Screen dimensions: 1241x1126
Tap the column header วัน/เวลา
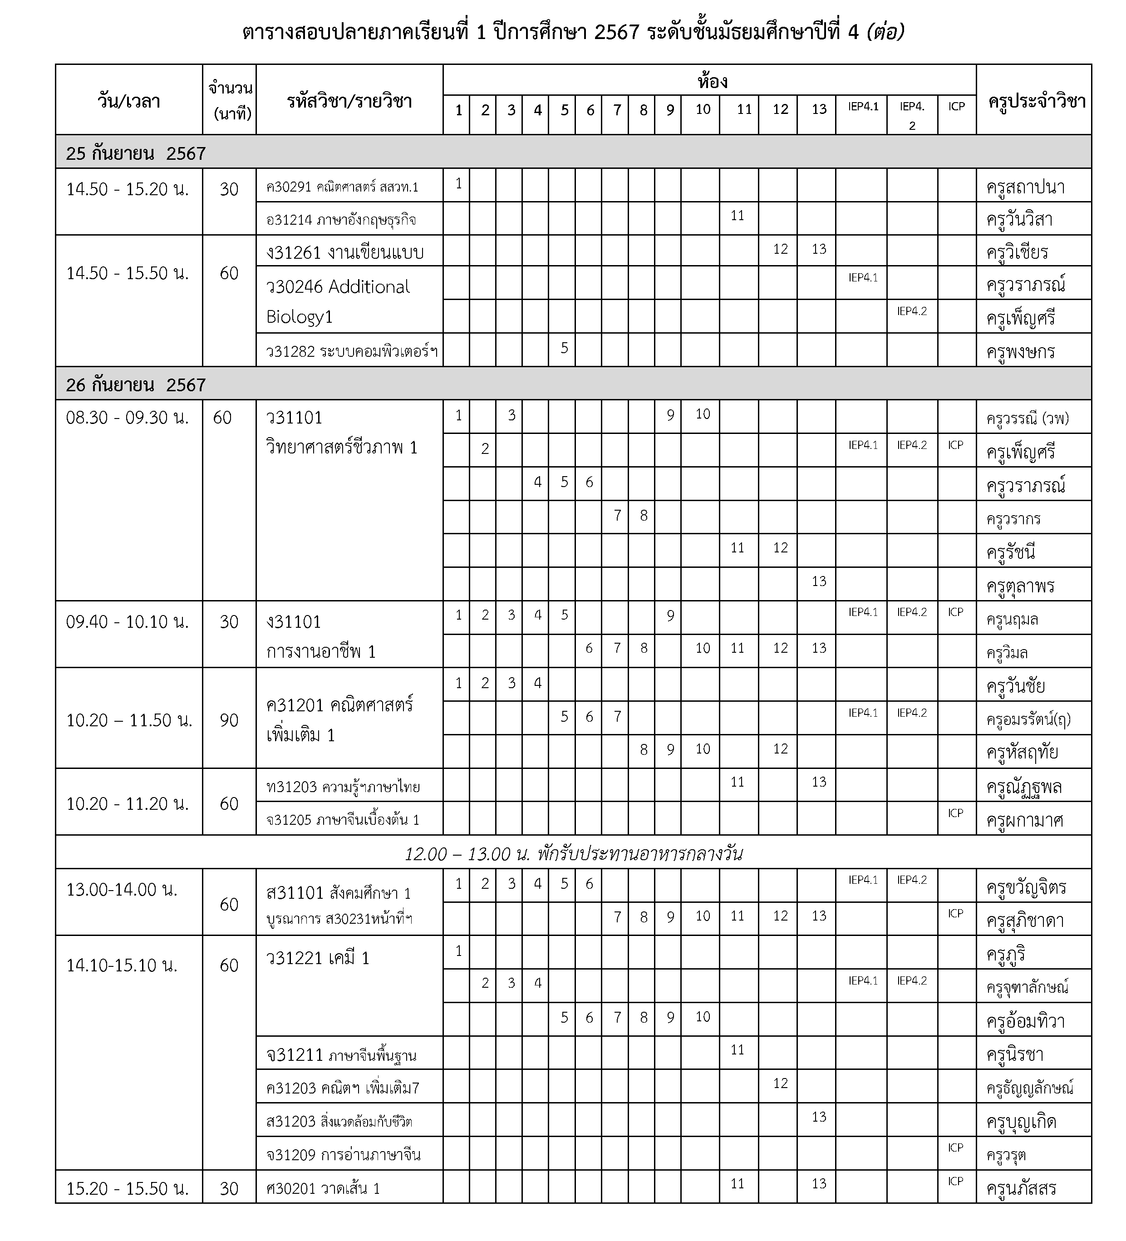(x=129, y=100)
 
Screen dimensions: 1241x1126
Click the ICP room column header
(x=956, y=107)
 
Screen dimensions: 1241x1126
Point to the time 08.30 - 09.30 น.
(x=128, y=418)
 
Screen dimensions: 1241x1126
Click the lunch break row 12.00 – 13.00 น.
(x=573, y=853)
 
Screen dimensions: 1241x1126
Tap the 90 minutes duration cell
(x=229, y=719)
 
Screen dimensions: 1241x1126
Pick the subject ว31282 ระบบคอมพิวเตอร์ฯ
(x=352, y=351)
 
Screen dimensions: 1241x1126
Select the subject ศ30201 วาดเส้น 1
(x=323, y=1188)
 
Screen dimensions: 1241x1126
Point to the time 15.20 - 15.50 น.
(x=128, y=1188)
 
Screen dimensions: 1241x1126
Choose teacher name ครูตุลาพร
(x=1020, y=586)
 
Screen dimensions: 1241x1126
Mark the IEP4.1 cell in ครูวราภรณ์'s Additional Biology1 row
(x=862, y=278)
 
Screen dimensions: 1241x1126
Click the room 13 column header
(x=818, y=109)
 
